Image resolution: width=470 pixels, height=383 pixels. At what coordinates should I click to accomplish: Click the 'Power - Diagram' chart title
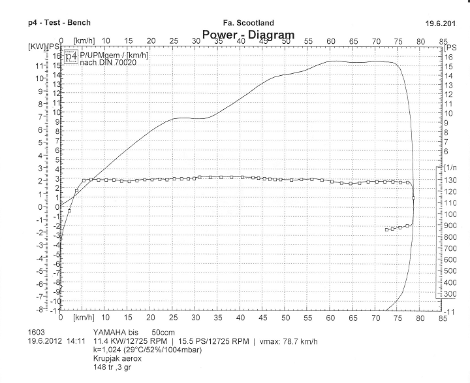point(248,35)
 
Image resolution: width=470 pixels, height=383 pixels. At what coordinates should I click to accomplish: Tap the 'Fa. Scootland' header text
point(248,23)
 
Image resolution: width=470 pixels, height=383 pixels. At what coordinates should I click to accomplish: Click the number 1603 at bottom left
point(37,332)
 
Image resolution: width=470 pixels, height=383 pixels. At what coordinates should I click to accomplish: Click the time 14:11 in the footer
point(76,341)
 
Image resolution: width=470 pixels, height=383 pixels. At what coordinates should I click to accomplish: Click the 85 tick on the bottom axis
point(443,318)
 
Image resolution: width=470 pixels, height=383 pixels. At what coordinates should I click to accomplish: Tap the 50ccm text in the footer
point(164,332)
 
